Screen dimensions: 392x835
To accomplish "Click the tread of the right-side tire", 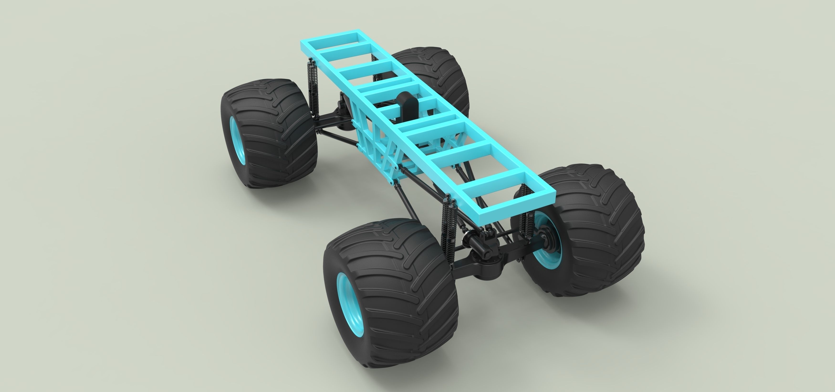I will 600,227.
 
